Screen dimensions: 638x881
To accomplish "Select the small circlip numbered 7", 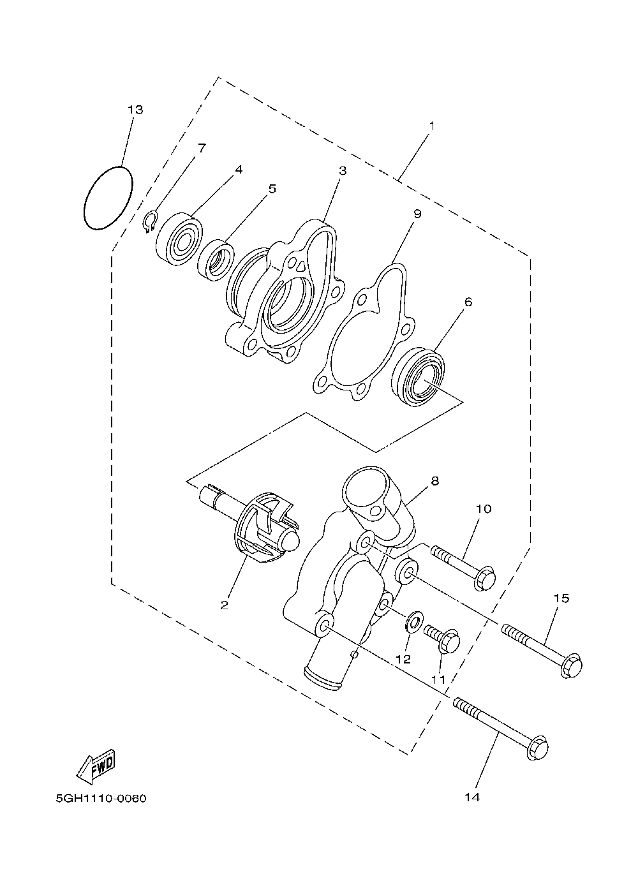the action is tap(151, 223).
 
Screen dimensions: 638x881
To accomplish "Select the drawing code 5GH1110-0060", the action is tap(101, 798).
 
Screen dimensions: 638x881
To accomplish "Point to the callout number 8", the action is tap(434, 481).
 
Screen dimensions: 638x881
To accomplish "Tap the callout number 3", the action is tap(343, 170).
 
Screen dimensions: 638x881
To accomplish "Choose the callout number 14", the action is tap(472, 797).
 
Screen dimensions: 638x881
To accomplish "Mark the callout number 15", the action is tap(561, 598).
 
